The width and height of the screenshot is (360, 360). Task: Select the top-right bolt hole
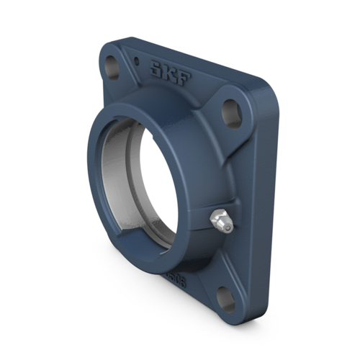point(230,109)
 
